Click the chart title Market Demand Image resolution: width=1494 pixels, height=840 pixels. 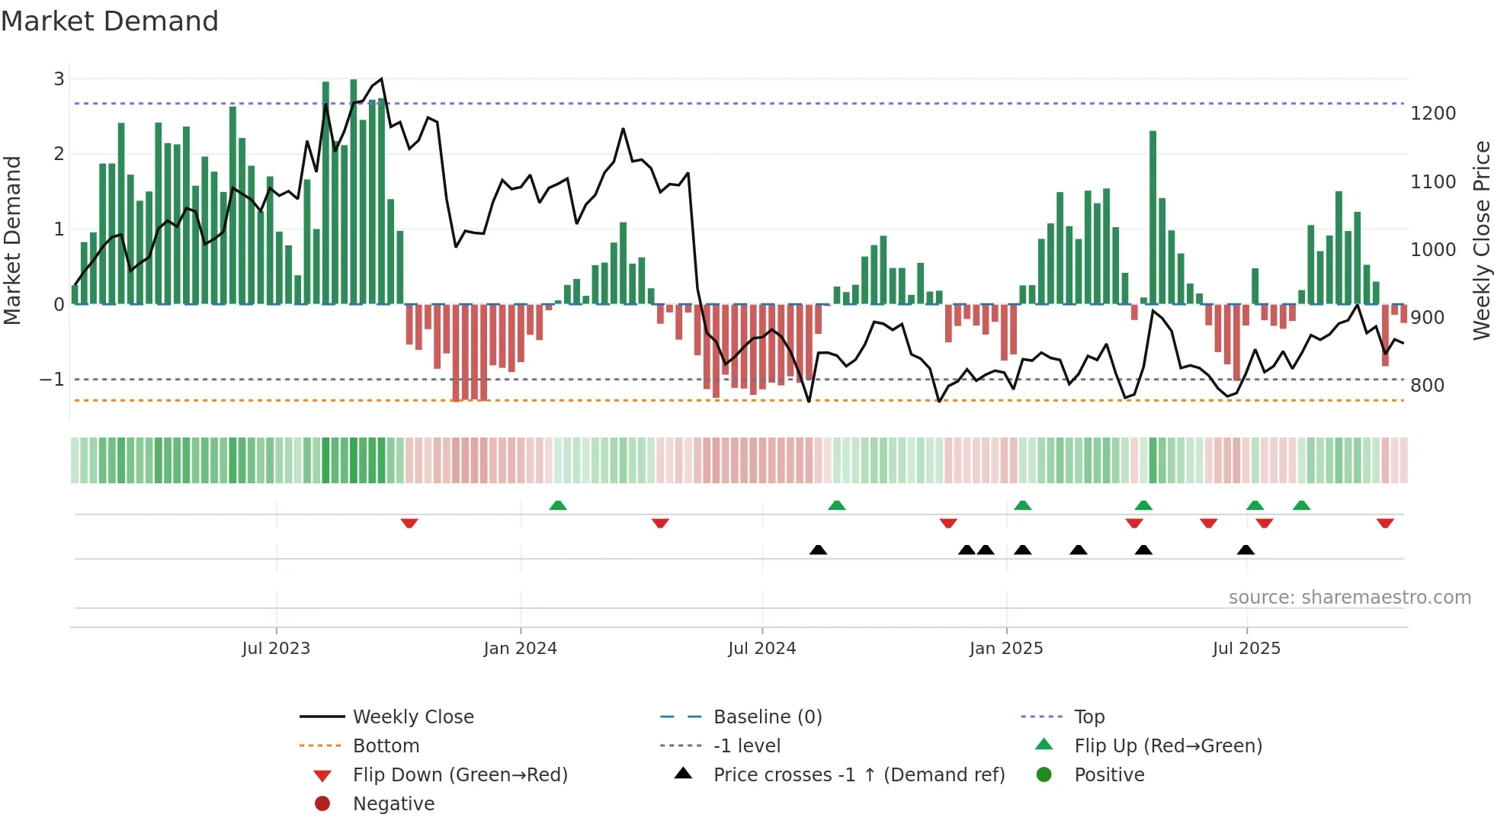click(110, 21)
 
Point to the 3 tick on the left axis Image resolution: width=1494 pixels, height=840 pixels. click(59, 79)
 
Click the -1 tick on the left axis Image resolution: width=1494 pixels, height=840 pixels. click(52, 380)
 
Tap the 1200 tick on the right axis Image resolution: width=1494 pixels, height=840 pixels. click(1433, 114)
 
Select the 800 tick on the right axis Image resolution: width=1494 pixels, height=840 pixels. click(1427, 386)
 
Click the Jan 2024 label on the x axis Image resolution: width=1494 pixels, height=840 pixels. click(520, 649)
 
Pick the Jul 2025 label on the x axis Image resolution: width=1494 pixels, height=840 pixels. click(1246, 649)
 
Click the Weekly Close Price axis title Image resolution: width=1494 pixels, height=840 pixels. click(1481, 240)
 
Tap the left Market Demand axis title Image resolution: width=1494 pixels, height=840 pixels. click(13, 240)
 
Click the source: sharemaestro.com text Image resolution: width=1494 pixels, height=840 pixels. click(1349, 598)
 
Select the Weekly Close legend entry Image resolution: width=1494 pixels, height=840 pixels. click(413, 717)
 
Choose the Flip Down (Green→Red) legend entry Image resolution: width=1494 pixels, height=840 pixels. click(460, 775)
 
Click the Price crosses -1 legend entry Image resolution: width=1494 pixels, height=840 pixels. click(858, 775)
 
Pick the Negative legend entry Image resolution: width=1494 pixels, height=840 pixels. click(393, 804)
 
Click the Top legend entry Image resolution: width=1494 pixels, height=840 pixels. click(1089, 717)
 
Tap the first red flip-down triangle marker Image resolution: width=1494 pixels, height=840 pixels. click(409, 523)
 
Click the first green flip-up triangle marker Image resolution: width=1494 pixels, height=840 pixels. click(558, 505)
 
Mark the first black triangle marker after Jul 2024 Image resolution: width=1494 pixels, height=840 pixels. click(818, 550)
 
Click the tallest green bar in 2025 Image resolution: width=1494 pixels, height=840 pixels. click(1153, 217)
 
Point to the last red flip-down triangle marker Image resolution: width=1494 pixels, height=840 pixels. click(1385, 523)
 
